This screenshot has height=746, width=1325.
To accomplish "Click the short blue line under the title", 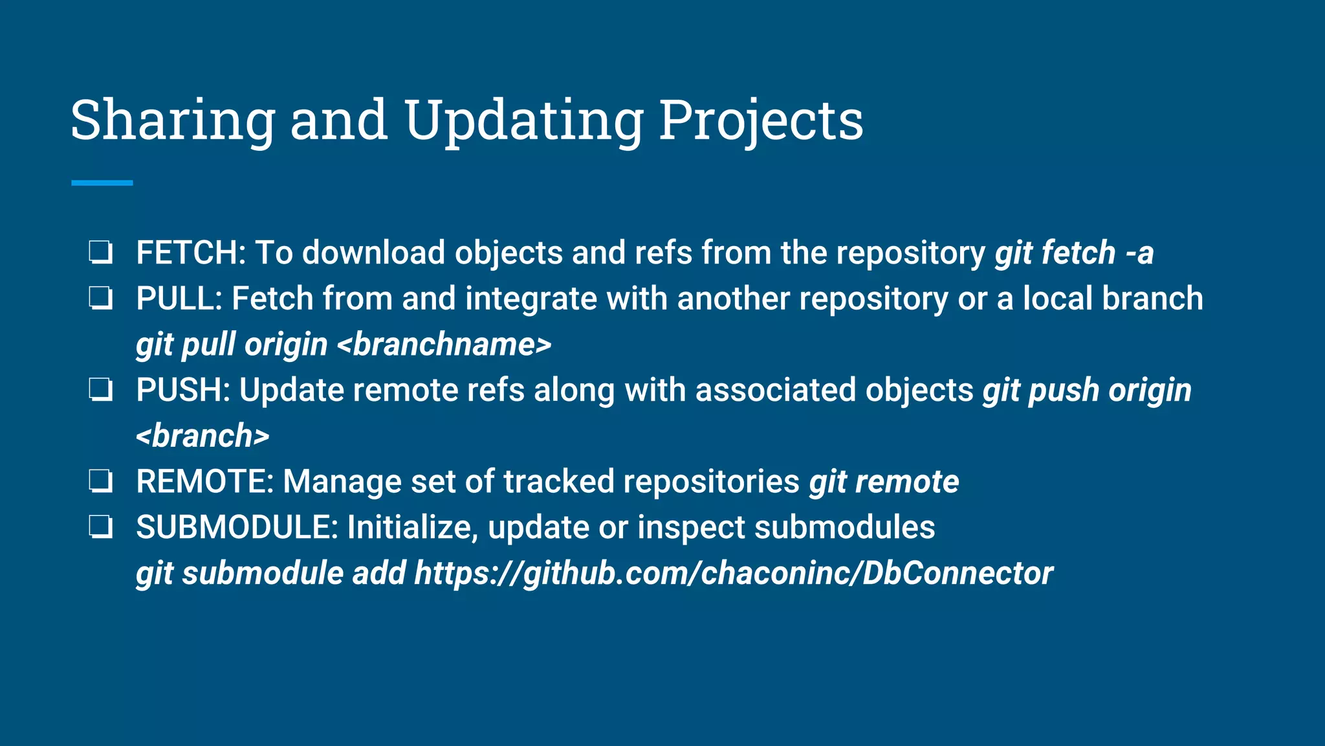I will coord(102,183).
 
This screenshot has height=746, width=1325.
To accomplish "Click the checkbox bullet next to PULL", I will coord(101,299).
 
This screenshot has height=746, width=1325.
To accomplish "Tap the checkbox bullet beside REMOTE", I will coord(101,482).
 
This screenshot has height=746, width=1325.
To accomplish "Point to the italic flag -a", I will coord(1139,253).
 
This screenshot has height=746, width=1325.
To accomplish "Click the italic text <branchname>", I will coord(444,345).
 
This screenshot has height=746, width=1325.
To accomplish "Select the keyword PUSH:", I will coord(183,390).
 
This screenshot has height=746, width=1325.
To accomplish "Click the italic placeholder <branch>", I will coord(203,436).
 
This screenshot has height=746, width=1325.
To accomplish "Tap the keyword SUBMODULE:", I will coord(237,528).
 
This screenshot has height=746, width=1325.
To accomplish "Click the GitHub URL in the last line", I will coord(734,574).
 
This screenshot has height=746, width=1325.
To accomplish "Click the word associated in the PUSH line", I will coord(775,390).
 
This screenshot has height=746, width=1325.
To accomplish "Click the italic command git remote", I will coord(884,482).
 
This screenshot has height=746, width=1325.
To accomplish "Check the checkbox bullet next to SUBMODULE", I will coord(101,528).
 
